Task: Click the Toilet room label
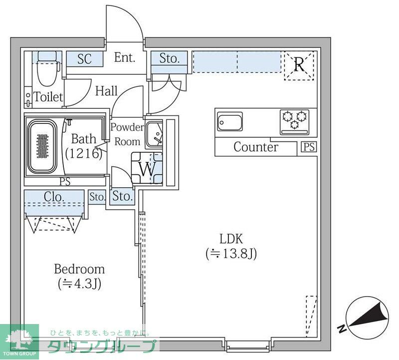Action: click(48, 97)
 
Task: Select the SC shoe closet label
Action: click(85, 59)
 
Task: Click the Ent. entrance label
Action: click(124, 58)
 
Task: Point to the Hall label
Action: click(106, 91)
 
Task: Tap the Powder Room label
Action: click(127, 134)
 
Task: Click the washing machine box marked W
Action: click(147, 169)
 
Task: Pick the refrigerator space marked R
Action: click(299, 65)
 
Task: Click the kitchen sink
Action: click(230, 121)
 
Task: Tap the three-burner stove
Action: click(294, 121)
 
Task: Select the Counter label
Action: click(256, 147)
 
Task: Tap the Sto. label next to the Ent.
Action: click(170, 58)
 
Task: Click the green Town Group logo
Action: click(20, 342)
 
